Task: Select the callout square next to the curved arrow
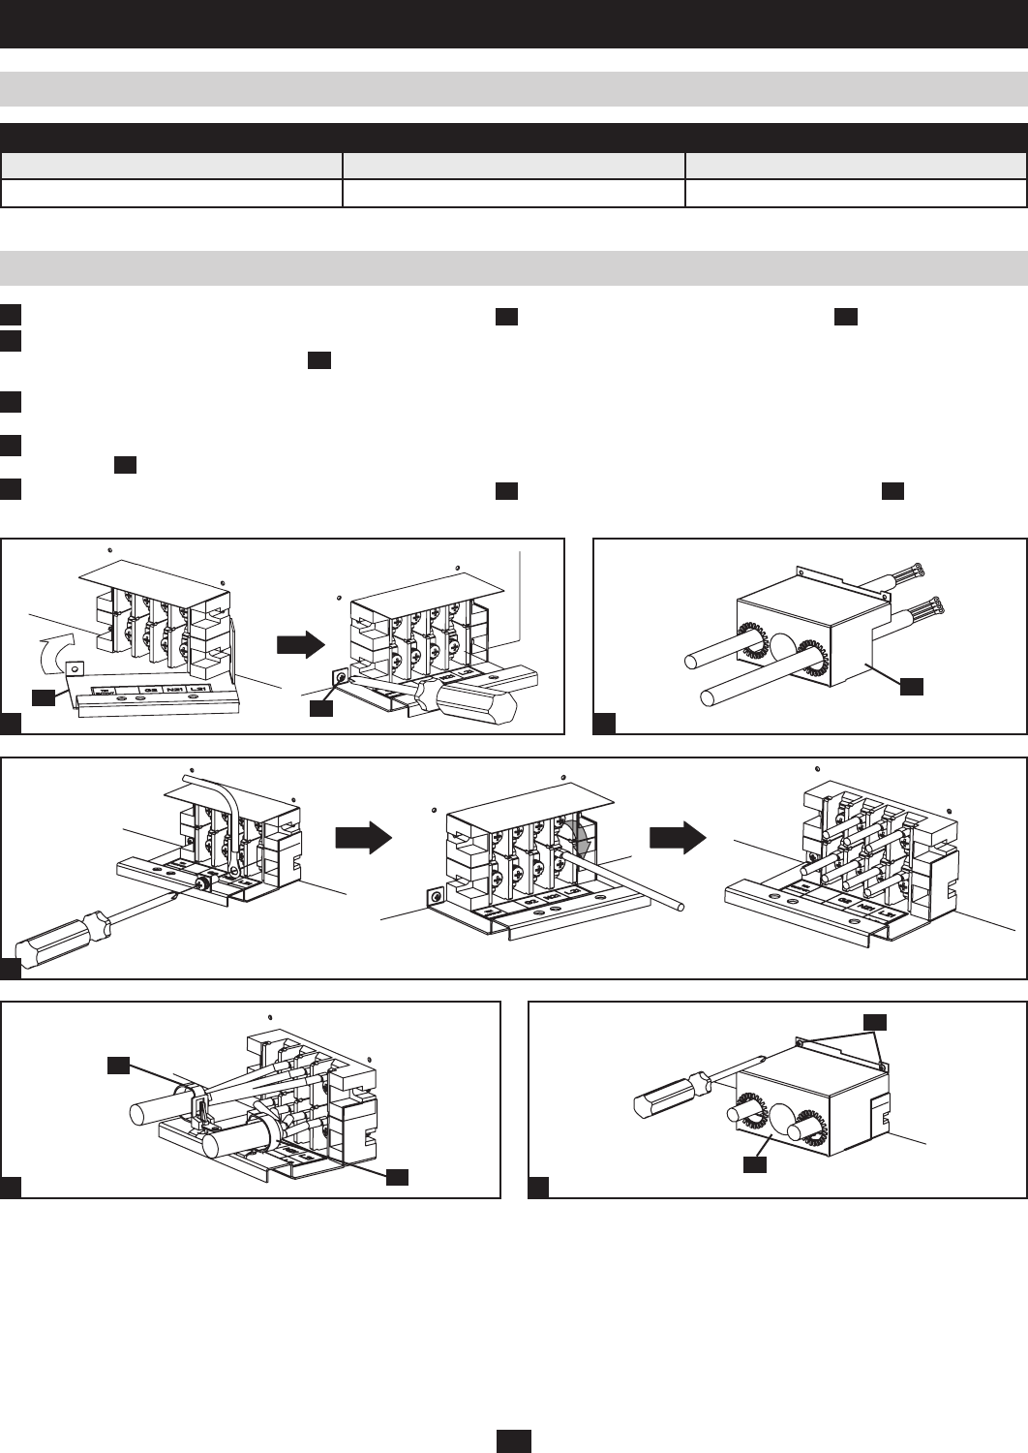(x=43, y=697)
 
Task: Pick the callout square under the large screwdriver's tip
(x=321, y=709)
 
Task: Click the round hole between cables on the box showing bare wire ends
(x=781, y=643)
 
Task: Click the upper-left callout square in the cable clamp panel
(x=119, y=1067)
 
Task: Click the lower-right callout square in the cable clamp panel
(x=397, y=1177)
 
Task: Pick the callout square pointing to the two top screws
(x=874, y=1022)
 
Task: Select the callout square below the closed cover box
(x=755, y=1164)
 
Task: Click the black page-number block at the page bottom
(x=514, y=1441)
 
